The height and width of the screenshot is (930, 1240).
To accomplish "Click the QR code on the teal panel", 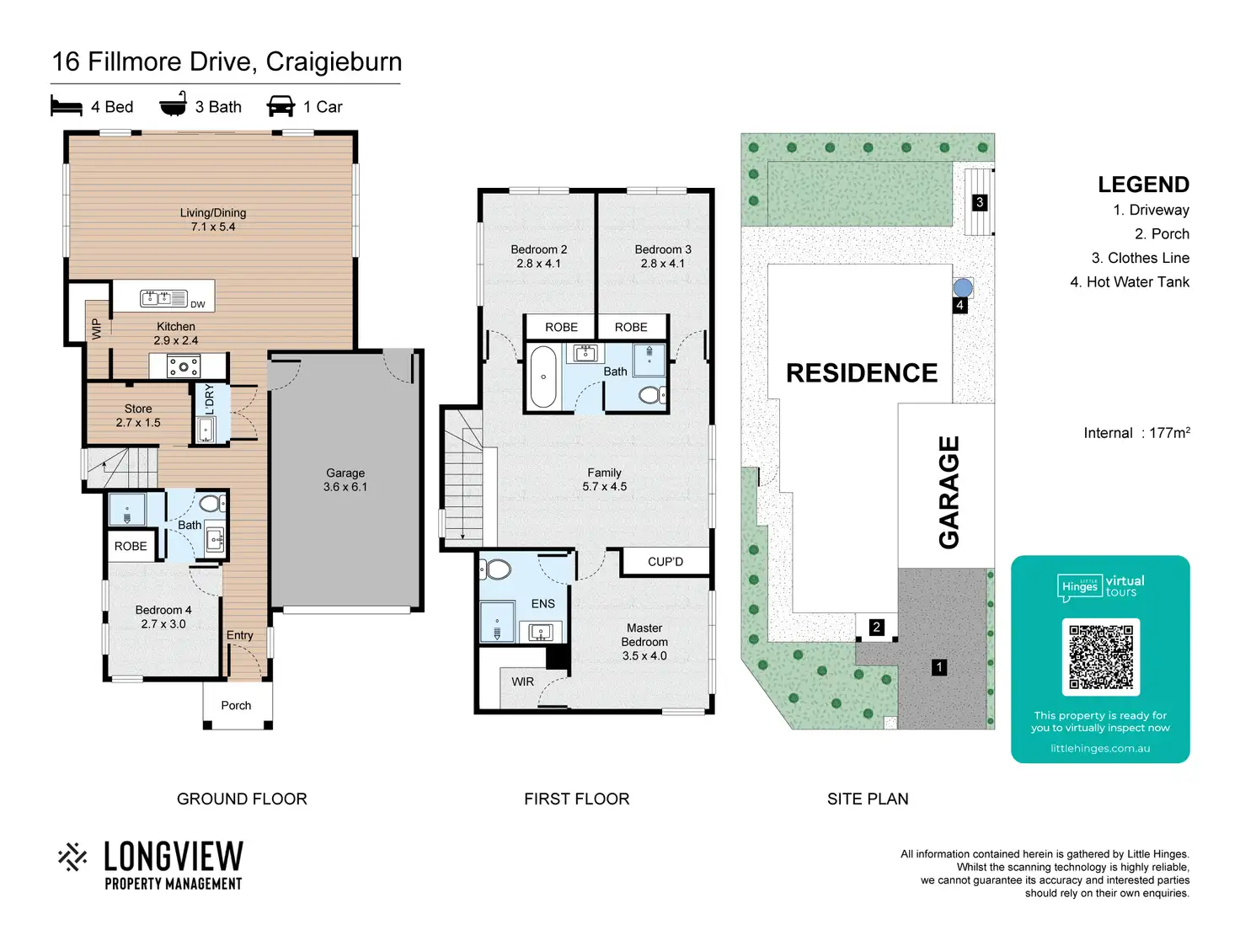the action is coord(1100,656).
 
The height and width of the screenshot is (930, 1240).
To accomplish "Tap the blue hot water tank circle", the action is coord(963,287).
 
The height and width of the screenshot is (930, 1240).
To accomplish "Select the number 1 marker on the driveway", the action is coord(939,667).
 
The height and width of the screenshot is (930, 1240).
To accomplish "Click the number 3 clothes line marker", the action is coord(980,202).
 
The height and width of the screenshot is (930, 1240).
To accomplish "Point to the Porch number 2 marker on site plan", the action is coord(876,627).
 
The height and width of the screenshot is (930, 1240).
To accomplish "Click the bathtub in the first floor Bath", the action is coord(542,377).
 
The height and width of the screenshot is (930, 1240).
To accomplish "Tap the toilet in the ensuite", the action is coord(495,569).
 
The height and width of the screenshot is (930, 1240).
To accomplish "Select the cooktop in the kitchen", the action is coord(184,366).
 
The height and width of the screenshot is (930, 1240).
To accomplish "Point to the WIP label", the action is coord(96,329).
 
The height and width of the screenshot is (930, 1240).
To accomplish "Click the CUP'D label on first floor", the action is coord(665,562).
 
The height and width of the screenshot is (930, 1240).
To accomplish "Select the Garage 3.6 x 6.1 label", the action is coord(345,480).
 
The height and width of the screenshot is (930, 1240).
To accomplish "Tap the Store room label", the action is coord(138,415).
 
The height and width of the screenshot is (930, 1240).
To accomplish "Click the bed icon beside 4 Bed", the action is coord(67,105).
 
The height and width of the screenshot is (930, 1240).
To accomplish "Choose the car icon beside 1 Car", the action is coord(281,105).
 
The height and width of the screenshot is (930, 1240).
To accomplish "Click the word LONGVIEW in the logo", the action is coord(174,857).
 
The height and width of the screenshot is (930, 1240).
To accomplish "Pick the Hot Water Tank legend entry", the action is coord(1130,281).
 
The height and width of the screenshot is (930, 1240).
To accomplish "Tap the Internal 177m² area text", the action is coord(1136,432).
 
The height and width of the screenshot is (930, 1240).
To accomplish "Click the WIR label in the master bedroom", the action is coord(522,681).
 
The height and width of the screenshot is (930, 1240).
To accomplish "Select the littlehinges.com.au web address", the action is coord(1100,748).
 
